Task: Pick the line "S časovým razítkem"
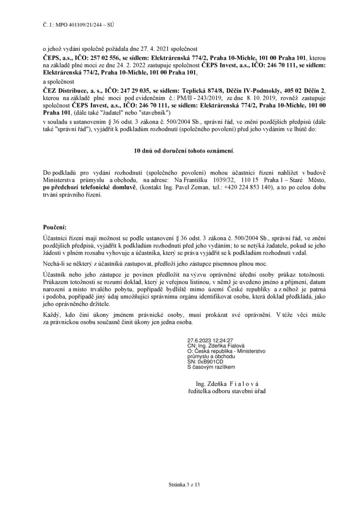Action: click(x=211, y=367)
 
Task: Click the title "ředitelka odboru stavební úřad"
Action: click(x=227, y=391)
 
